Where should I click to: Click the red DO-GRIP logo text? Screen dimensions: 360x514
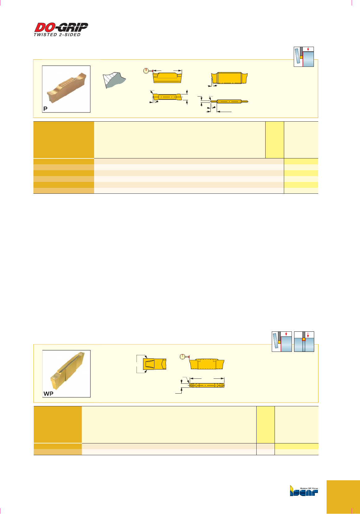coord(61,27)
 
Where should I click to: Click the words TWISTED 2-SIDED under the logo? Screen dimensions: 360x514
coord(57,35)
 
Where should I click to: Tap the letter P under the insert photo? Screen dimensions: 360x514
coord(46,109)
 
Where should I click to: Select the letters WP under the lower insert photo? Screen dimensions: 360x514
coord(49,394)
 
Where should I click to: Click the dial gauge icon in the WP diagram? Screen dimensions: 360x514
coord(183,357)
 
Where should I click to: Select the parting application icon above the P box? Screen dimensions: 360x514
coord(304,57)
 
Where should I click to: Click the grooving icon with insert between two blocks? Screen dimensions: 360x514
coord(304,342)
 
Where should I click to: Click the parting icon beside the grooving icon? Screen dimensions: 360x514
coord(282,342)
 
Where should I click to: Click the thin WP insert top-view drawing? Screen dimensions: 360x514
coord(207,385)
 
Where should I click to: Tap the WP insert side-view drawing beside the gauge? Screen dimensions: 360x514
coord(207,364)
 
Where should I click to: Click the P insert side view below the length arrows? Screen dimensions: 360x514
coord(167,78)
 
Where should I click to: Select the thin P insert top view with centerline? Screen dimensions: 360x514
coord(229,102)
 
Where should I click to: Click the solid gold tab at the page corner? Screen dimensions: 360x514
coord(343,497)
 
